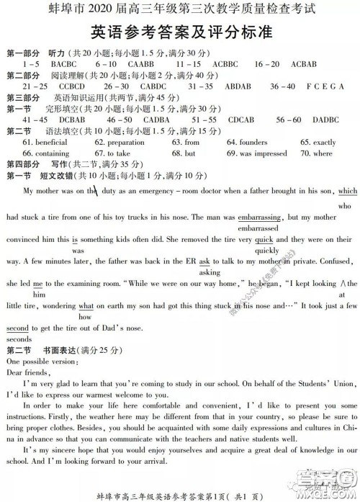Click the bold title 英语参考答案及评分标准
(180, 33)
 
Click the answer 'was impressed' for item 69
(263, 153)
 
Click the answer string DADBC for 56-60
(325, 119)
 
